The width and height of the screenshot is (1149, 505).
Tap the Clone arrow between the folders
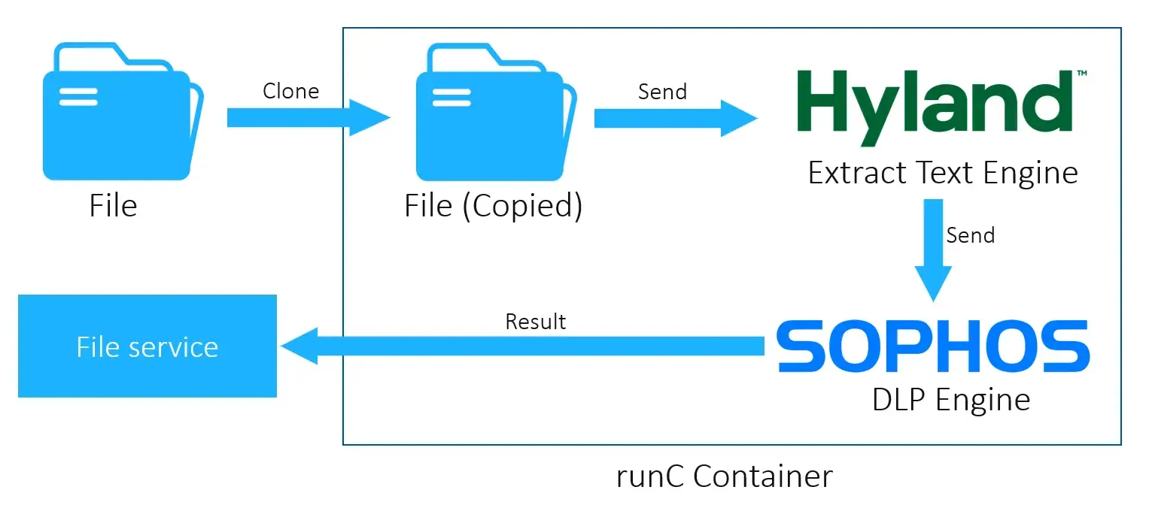[x=309, y=117]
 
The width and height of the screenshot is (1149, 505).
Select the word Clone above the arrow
[x=290, y=91]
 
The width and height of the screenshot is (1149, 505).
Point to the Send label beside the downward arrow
[x=970, y=235]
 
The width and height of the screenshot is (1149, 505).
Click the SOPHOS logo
[x=932, y=346]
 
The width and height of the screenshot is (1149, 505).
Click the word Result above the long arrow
[x=535, y=322]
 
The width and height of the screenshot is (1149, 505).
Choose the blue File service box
[x=147, y=346]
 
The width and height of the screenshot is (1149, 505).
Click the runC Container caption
[x=724, y=476]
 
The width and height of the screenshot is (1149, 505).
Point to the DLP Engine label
[x=950, y=399]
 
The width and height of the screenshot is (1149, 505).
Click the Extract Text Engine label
[x=942, y=173]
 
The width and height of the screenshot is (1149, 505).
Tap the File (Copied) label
[x=494, y=206]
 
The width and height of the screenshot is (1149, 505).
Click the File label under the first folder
[x=114, y=205]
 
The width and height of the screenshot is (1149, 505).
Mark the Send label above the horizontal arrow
[x=662, y=92]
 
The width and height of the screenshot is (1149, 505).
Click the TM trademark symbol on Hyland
[x=1081, y=74]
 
